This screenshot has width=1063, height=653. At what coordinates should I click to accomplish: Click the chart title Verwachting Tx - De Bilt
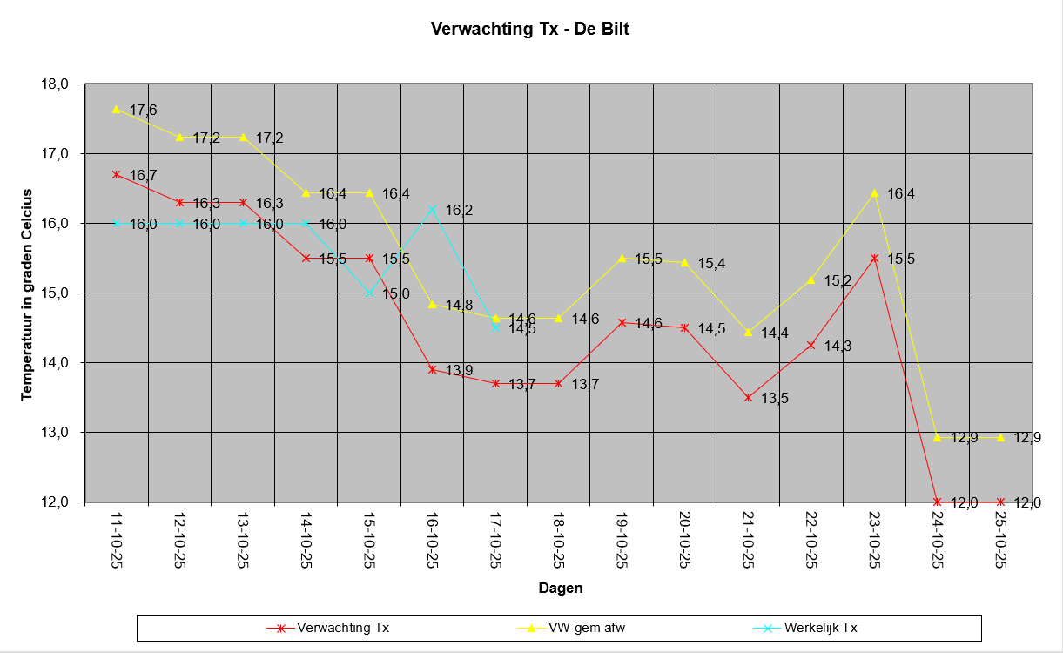pos(529,29)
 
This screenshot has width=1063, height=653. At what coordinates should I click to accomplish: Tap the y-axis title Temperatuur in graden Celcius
pos(27,294)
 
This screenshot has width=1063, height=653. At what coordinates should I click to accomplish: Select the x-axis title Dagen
pos(561,588)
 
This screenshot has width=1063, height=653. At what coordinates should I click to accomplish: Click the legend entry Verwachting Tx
pos(328,628)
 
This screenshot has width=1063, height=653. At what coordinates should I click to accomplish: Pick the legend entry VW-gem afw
pos(571,628)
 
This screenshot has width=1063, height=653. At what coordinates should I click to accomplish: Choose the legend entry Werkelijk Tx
pos(805,628)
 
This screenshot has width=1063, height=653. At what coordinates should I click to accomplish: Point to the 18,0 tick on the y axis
pos(55,84)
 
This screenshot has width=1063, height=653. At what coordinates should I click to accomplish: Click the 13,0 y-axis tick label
pos(55,433)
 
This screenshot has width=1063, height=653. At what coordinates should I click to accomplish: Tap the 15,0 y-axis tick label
pos(55,293)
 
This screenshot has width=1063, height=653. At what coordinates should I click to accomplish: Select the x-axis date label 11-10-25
pos(117,540)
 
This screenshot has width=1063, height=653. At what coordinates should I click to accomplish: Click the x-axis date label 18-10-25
pos(559,540)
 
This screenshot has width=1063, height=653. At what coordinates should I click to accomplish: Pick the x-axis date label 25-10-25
pos(1001,540)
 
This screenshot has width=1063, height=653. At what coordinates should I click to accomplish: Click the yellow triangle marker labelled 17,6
pos(117,110)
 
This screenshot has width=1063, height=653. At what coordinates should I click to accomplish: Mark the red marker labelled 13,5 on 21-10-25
pos(749,398)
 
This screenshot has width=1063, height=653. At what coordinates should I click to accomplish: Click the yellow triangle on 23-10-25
pos(875,193)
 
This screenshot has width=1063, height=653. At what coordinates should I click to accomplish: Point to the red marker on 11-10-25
pos(117,175)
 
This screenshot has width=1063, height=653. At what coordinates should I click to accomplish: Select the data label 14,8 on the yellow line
pos(459,305)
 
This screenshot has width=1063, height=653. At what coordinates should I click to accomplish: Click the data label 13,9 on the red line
pos(459,370)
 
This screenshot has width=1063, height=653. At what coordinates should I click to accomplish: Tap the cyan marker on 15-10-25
pos(370,293)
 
